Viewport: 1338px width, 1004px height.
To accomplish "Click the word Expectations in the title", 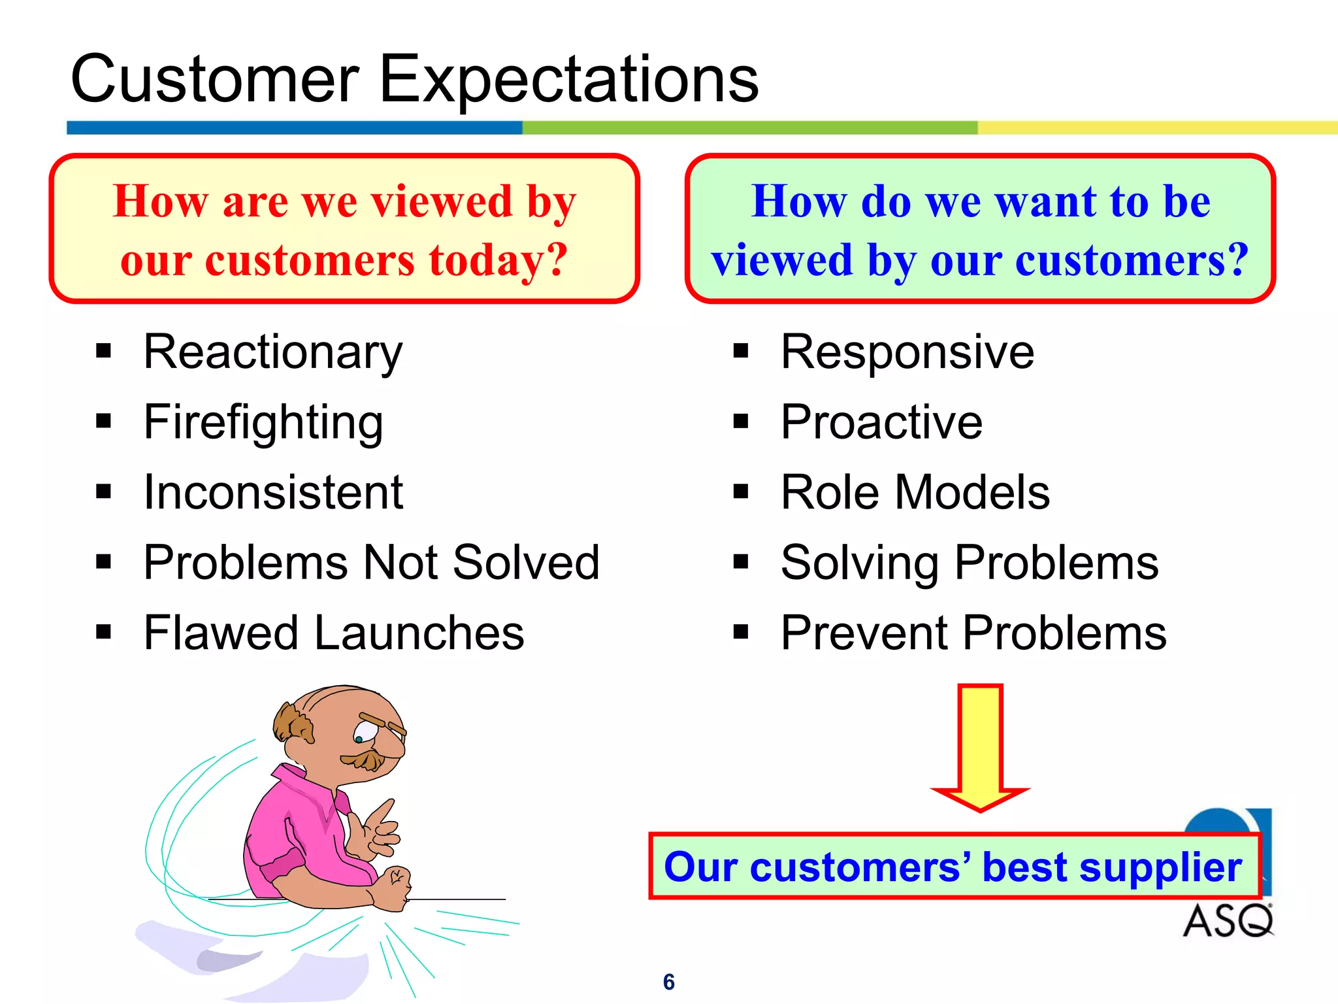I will (568, 80).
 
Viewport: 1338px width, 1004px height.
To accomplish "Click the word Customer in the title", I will (215, 80).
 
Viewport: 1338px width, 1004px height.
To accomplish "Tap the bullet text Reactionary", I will (272, 352).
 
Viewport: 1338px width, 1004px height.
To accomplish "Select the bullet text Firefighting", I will (263, 423).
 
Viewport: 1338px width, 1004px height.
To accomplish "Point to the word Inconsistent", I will (273, 492).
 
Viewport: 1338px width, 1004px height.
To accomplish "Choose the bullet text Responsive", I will (907, 352).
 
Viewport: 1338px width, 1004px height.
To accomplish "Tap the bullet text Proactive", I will (881, 422).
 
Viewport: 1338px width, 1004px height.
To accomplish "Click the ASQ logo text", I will (1227, 921).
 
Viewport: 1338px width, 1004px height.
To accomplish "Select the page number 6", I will (668, 982).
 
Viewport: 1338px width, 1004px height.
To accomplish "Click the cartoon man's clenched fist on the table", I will (394, 886).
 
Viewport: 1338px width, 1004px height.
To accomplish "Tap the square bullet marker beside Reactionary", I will (103, 351).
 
